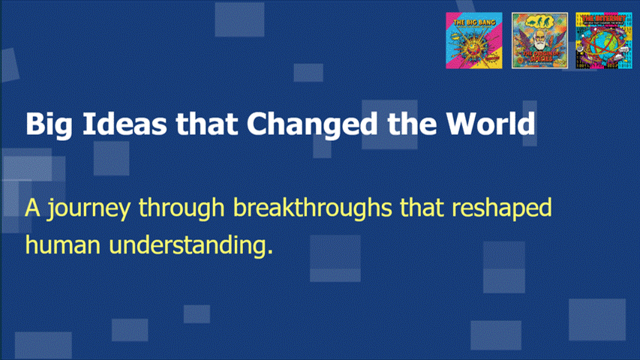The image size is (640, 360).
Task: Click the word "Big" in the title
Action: click(44, 123)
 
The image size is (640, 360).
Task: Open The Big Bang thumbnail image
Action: click(474, 41)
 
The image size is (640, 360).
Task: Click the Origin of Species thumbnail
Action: click(539, 41)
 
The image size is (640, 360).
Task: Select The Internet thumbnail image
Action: click(604, 41)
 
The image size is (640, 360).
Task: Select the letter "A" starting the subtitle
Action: click(32, 208)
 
